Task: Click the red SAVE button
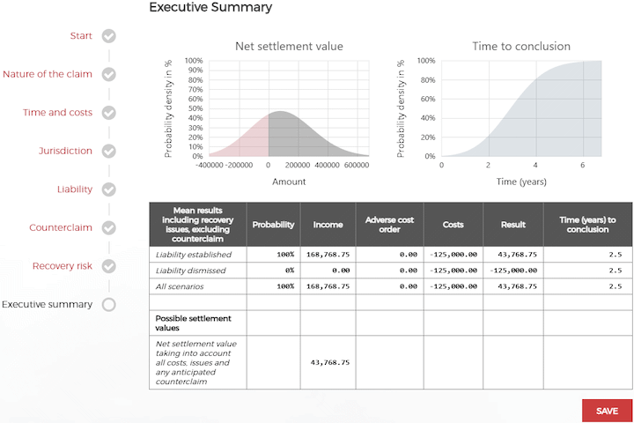(607, 411)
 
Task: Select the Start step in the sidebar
(81, 36)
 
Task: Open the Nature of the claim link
(47, 74)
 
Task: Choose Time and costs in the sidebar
(57, 113)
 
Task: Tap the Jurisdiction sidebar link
(65, 151)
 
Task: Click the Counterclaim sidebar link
(61, 227)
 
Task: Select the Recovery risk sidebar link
(63, 265)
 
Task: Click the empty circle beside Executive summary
(109, 304)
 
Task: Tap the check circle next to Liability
(109, 189)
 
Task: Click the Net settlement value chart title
(289, 47)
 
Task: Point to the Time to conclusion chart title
(521, 47)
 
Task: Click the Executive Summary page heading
(210, 8)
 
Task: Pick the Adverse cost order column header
(390, 225)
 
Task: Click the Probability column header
(273, 225)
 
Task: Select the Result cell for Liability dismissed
(512, 270)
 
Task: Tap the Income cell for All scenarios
(328, 286)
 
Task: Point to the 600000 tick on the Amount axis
(357, 165)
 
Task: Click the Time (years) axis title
(521, 182)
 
